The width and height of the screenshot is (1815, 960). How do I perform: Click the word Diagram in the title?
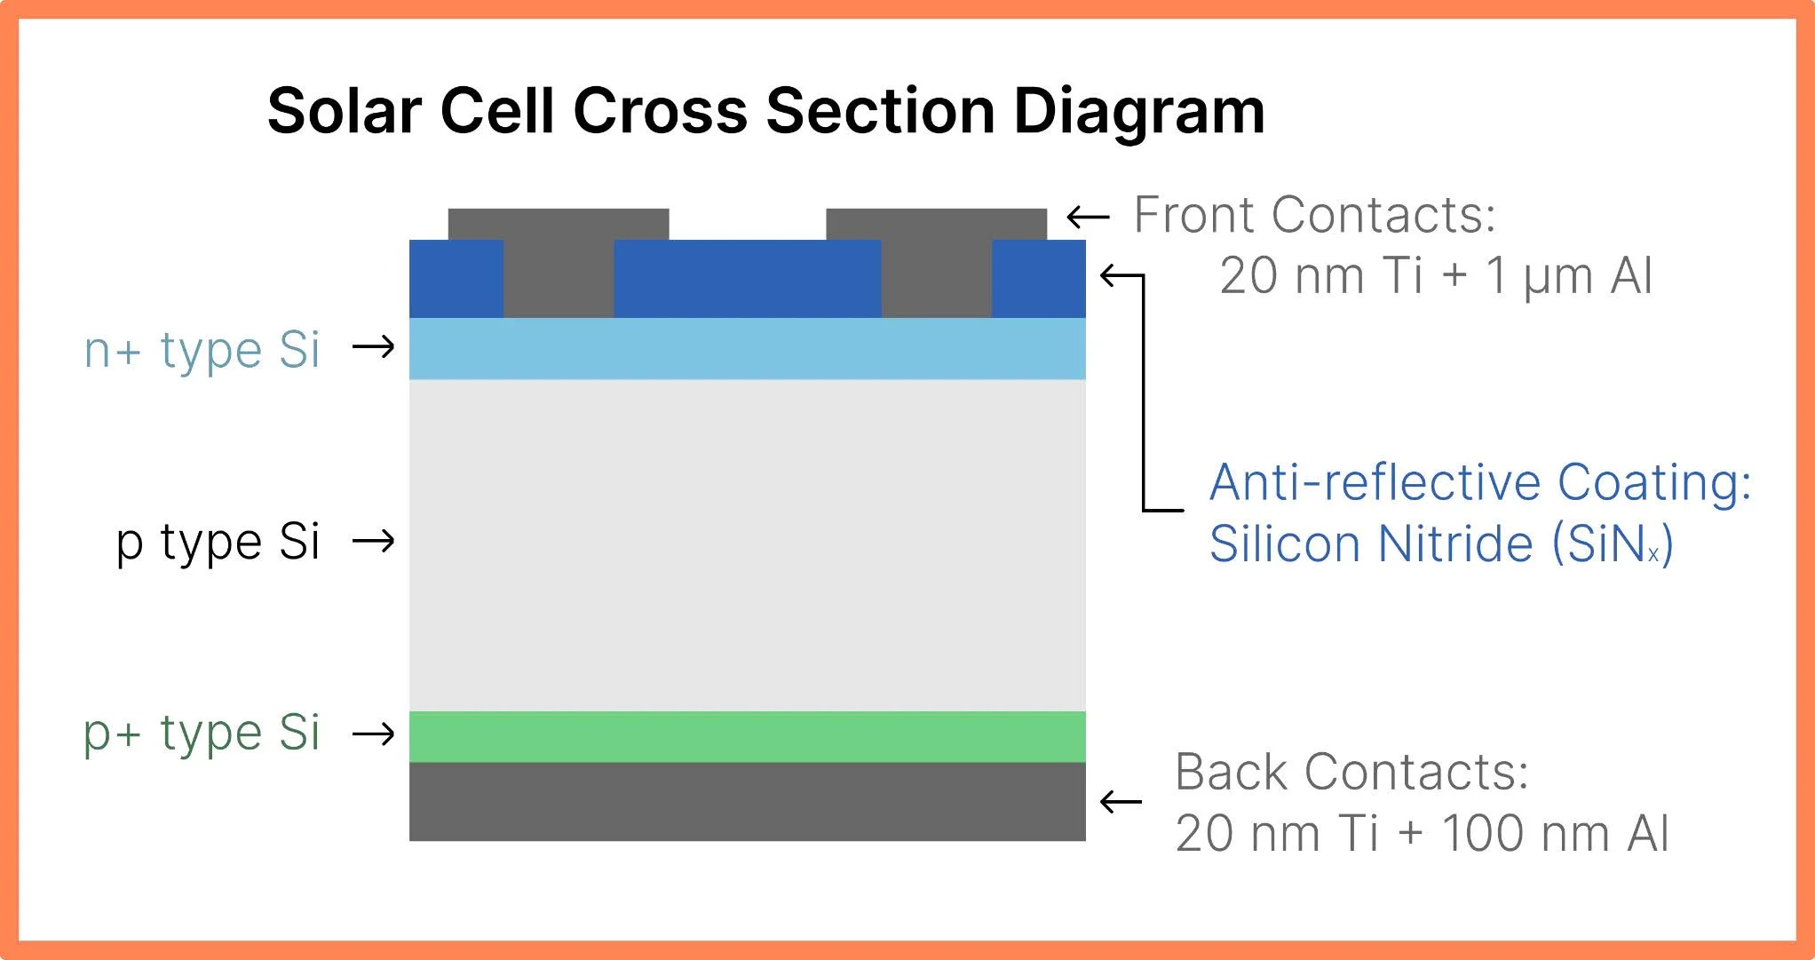1138,112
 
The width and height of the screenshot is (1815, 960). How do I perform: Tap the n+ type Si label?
202,350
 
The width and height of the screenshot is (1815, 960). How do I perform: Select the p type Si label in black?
218,542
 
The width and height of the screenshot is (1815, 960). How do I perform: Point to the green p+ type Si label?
202,734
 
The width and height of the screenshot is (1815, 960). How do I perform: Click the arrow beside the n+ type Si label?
374,346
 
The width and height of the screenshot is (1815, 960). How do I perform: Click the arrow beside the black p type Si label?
374,540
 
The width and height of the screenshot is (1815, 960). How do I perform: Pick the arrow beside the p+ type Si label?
374,734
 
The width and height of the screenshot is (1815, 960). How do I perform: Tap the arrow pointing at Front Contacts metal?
1088,217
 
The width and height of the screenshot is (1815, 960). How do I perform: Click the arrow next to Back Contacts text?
1121,802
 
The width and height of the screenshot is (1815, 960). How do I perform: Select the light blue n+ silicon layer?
747,348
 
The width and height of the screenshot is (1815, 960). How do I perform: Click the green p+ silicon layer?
747,736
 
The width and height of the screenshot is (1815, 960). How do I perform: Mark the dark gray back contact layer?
747,801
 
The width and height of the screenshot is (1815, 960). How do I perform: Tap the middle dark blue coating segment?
747,278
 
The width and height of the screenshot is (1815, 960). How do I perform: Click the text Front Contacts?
1315,215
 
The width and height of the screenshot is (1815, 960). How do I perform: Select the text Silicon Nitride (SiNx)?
1440,543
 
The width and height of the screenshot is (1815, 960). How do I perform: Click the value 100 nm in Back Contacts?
1526,833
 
